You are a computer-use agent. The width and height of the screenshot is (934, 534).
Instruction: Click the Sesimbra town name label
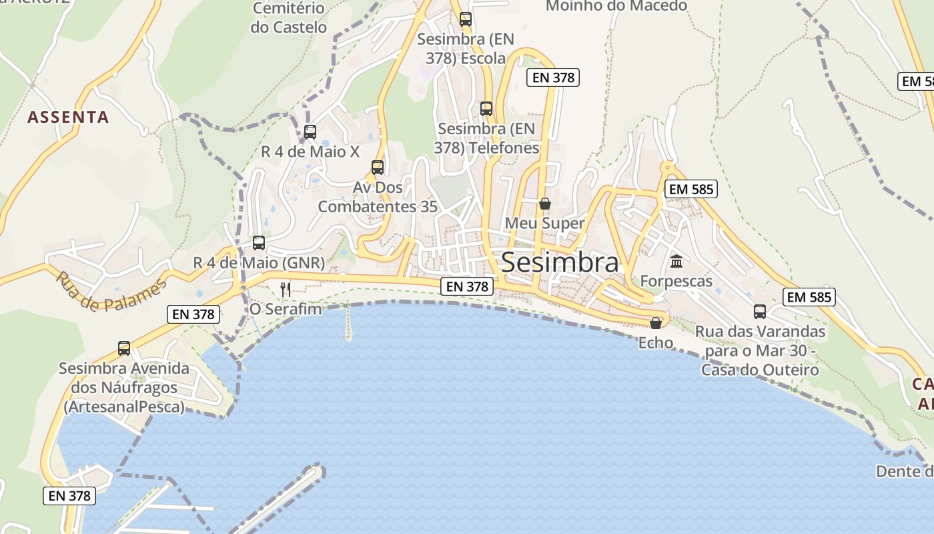[560, 262]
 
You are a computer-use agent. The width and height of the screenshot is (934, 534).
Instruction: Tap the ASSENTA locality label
[68, 117]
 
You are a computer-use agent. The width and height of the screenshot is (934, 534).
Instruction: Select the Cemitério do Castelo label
[289, 18]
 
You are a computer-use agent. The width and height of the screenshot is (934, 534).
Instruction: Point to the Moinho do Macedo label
[616, 6]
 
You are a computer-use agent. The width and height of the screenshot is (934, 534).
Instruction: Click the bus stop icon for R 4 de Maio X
[310, 132]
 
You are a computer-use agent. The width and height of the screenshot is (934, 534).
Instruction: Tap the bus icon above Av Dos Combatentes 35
[378, 168]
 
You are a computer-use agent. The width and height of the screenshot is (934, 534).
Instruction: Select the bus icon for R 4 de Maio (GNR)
[259, 243]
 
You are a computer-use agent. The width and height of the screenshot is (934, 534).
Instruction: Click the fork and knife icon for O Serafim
[286, 289]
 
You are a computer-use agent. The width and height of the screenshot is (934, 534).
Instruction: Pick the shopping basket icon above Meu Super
[545, 204]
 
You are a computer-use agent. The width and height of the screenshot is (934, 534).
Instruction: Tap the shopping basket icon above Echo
[656, 323]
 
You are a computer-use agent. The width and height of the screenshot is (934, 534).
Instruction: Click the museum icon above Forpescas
[676, 261]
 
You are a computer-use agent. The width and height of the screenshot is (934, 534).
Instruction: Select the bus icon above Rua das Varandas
[760, 311]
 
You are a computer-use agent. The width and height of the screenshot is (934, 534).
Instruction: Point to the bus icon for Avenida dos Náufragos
[124, 348]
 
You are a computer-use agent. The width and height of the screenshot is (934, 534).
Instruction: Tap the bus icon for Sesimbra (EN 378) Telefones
[486, 108]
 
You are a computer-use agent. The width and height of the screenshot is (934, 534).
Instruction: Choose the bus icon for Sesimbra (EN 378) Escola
[466, 19]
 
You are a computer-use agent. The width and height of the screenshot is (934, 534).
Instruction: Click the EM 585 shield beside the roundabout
[691, 189]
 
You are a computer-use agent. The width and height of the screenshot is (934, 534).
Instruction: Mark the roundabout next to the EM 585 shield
[666, 167]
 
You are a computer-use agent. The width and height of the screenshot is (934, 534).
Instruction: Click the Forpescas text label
[676, 281]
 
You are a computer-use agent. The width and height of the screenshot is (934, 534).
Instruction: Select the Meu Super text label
[545, 223]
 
